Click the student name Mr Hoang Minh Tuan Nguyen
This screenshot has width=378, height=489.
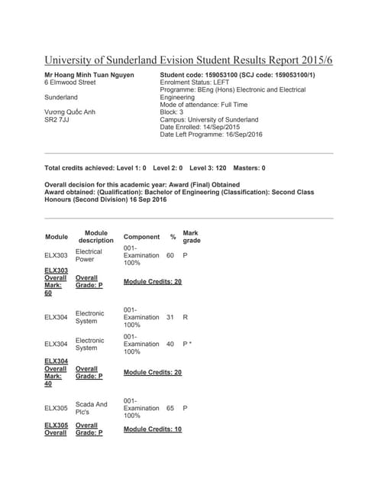click(x=89, y=74)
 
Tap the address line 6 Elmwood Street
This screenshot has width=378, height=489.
click(x=70, y=82)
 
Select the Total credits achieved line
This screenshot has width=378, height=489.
click(x=155, y=167)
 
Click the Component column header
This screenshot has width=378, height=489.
click(x=141, y=237)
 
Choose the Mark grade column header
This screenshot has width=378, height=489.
click(x=191, y=237)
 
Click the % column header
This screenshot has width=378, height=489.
click(x=173, y=237)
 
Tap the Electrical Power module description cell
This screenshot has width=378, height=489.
click(x=89, y=255)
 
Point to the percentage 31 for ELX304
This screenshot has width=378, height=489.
click(x=170, y=317)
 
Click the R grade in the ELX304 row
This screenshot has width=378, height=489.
click(x=186, y=317)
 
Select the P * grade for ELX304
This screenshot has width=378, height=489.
click(x=188, y=344)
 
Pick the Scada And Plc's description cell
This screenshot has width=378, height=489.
click(x=92, y=408)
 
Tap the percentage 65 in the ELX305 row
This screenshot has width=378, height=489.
click(x=170, y=408)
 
